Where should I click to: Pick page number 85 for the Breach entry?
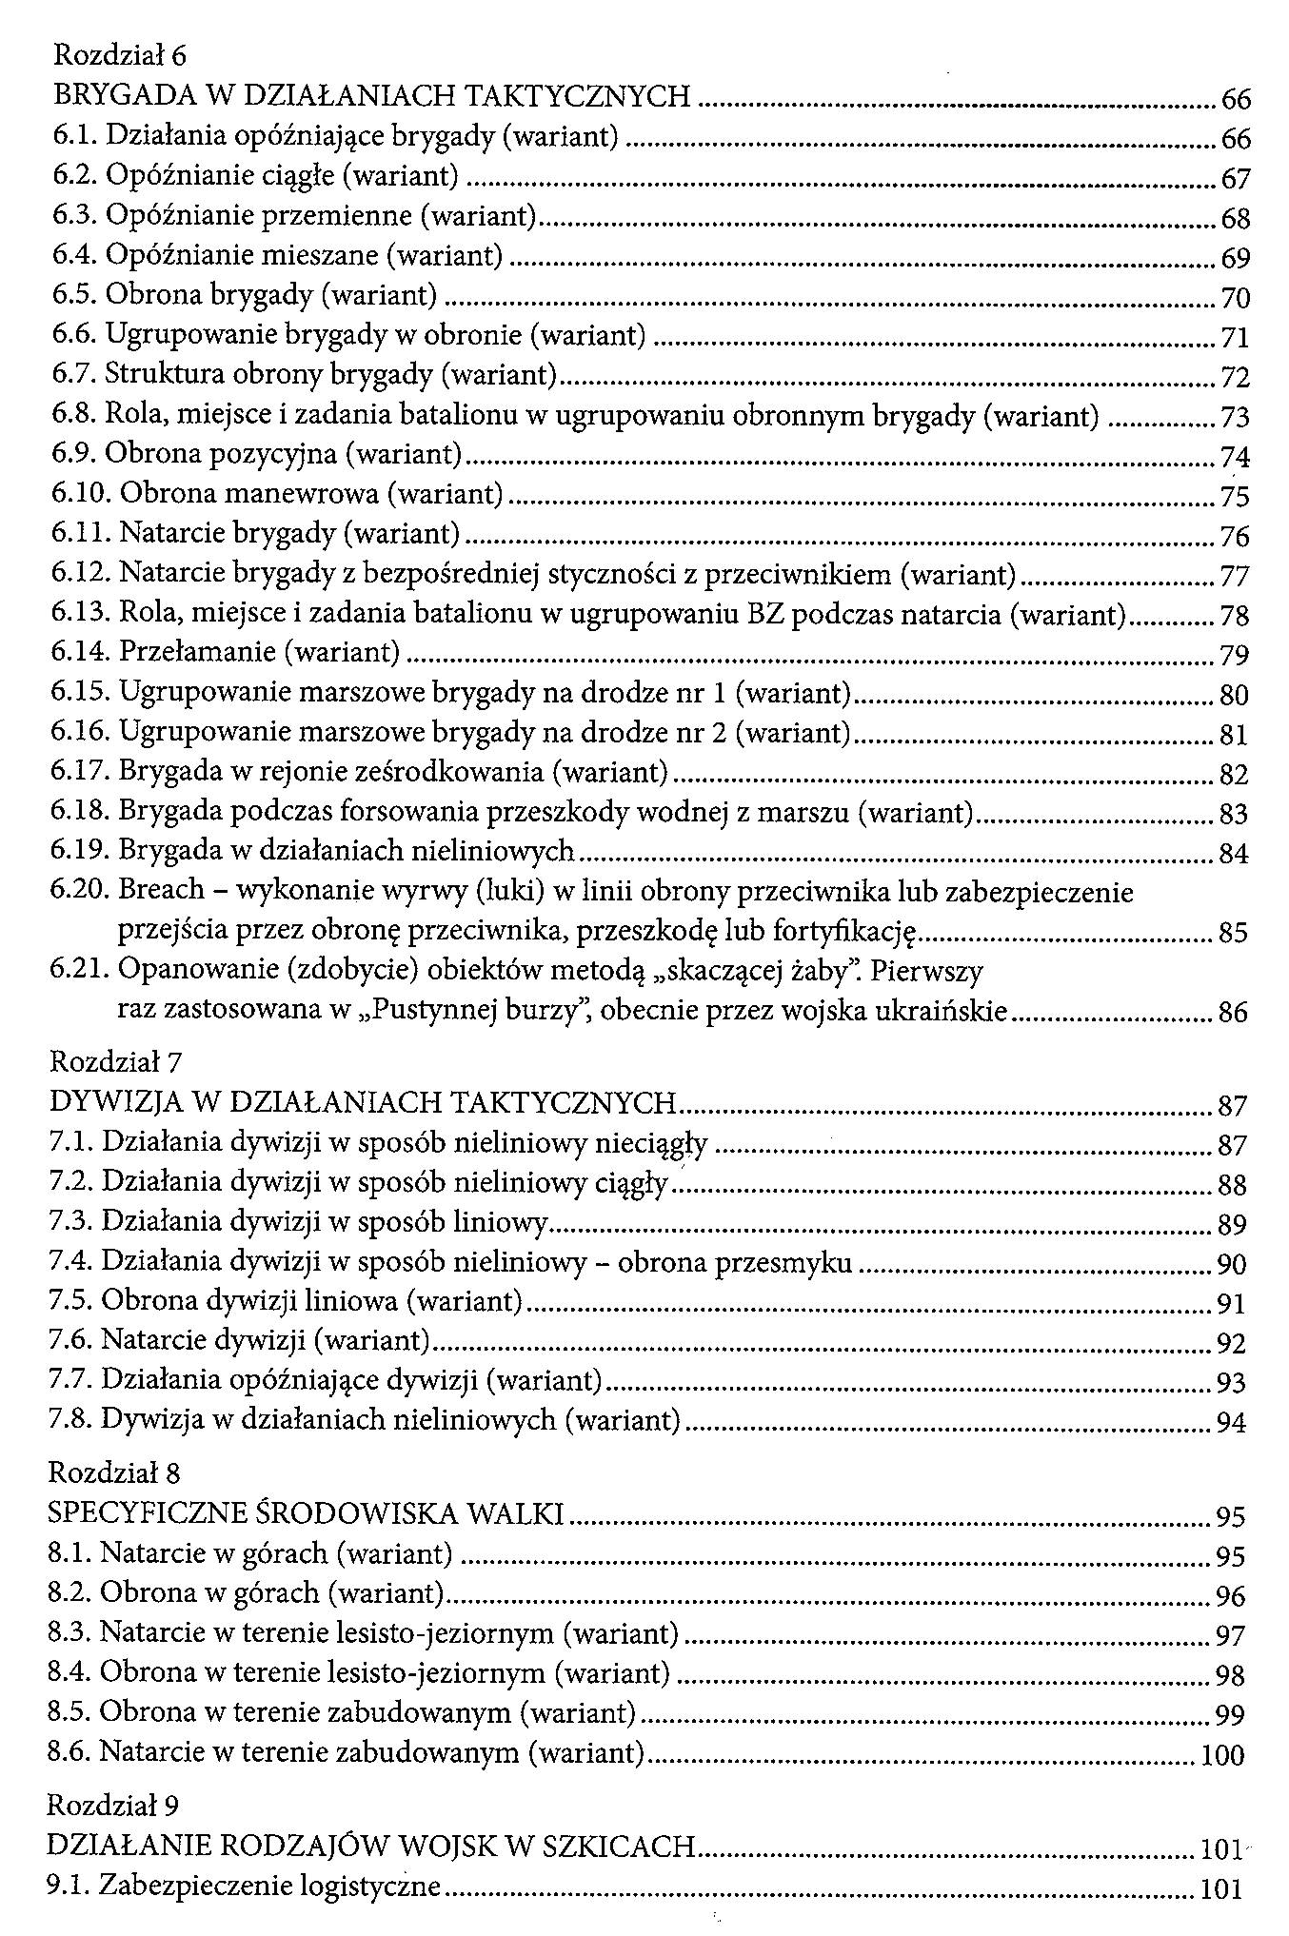tap(1232, 932)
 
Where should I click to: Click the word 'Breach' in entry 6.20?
tap(161, 889)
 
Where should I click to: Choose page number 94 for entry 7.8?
tap(1231, 1423)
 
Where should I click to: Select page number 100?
tap(1222, 1754)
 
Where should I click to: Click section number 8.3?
tap(69, 1633)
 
